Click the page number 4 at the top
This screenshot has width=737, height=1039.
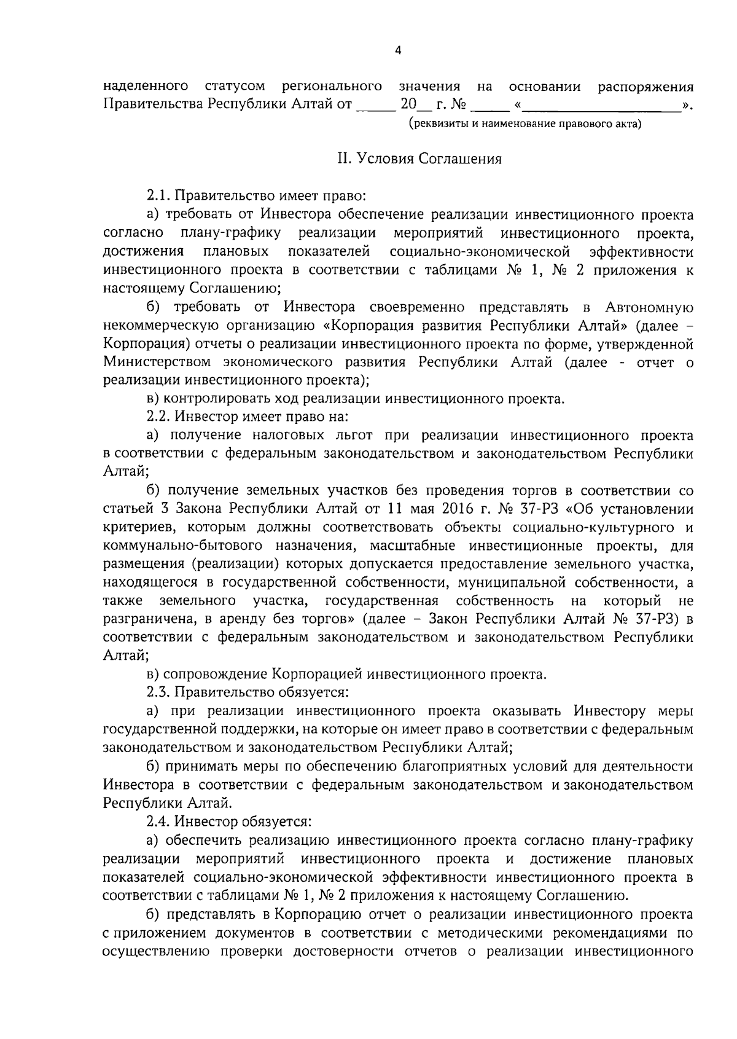click(398, 52)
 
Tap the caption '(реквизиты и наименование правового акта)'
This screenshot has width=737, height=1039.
click(525, 125)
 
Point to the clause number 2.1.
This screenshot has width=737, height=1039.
click(158, 197)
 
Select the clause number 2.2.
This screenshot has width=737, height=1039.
click(158, 417)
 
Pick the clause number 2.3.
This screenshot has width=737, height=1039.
click(158, 692)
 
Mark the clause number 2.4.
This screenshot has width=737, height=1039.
click(158, 821)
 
